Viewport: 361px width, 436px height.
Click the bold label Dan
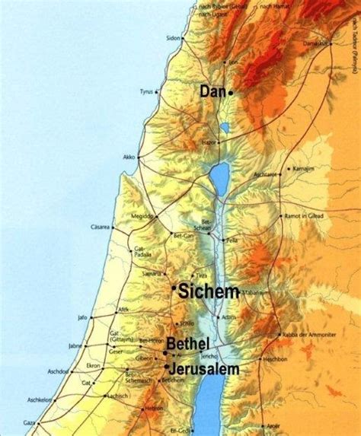point(212,92)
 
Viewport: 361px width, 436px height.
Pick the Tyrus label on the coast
point(146,92)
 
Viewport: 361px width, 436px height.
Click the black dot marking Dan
point(230,92)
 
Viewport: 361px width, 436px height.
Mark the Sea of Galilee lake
point(219,179)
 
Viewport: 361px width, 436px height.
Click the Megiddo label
point(141,216)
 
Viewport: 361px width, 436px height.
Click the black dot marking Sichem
point(174,288)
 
